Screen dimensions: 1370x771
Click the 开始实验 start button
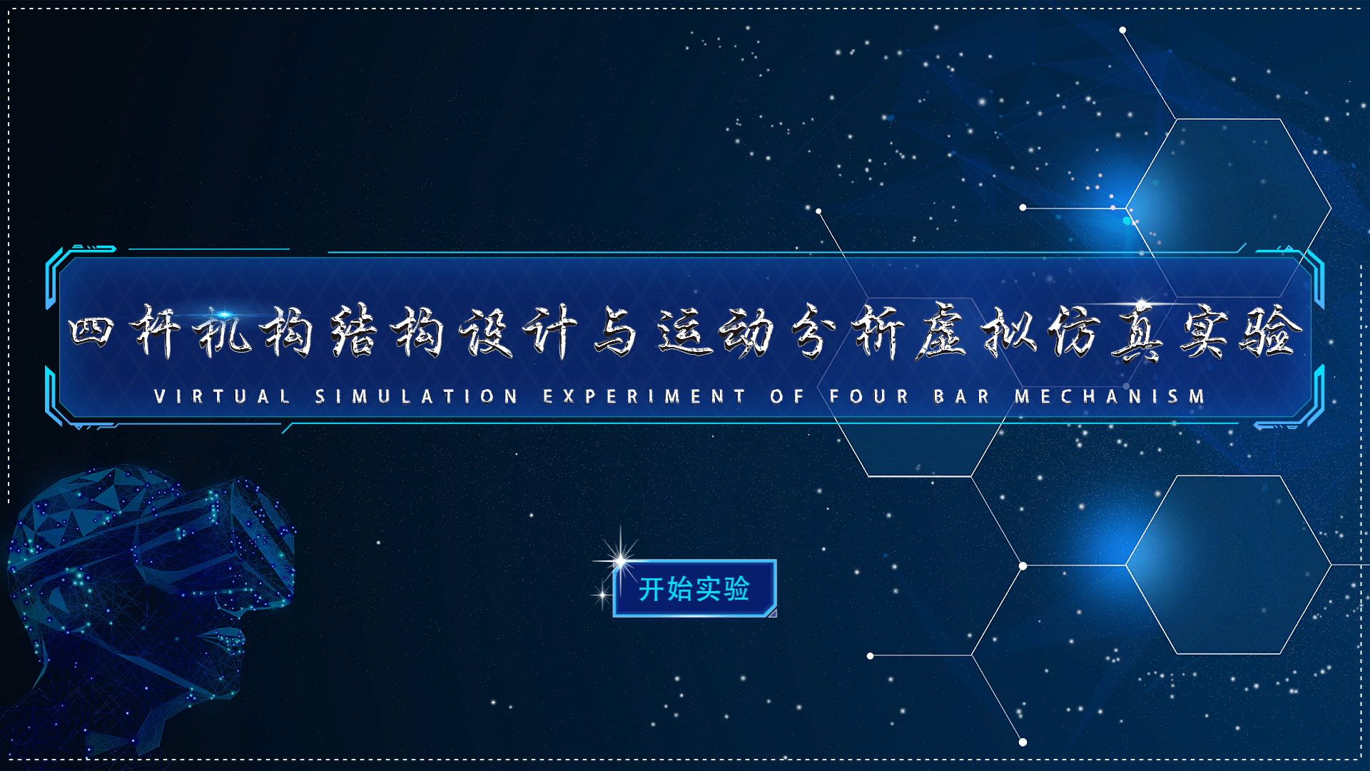694,588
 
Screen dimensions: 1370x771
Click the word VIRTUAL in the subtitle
222,396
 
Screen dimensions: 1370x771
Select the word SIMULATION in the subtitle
416,396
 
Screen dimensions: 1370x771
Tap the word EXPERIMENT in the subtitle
644,396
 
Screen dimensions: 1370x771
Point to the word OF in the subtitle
787,396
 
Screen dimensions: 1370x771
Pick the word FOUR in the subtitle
869,396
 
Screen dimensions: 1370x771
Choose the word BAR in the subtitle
961,396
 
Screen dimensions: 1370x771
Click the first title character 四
91,331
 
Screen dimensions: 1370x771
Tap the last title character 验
1270,331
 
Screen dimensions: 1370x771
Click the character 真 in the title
1140,331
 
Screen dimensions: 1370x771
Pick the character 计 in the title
549,331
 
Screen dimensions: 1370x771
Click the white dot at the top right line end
1122,30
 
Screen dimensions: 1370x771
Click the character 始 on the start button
680,589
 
